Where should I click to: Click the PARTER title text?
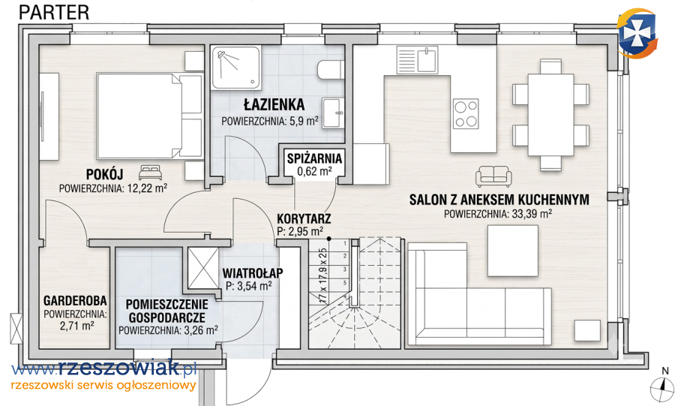click(x=54, y=12)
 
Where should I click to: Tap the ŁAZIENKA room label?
click(x=274, y=104)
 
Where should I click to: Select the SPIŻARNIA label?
click(x=315, y=158)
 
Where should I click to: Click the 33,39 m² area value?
click(x=530, y=214)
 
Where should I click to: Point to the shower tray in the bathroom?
click(x=235, y=68)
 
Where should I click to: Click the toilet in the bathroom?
click(x=331, y=71)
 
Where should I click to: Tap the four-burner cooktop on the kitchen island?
click(x=466, y=113)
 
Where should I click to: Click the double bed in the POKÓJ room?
click(x=149, y=116)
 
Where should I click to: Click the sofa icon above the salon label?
click(x=493, y=176)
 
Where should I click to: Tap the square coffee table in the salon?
click(x=513, y=251)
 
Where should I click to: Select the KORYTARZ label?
click(x=304, y=218)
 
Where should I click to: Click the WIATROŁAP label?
click(x=253, y=273)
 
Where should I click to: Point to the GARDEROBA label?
click(x=75, y=300)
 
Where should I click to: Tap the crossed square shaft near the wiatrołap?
click(x=203, y=268)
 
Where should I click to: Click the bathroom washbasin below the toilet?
click(x=333, y=113)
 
